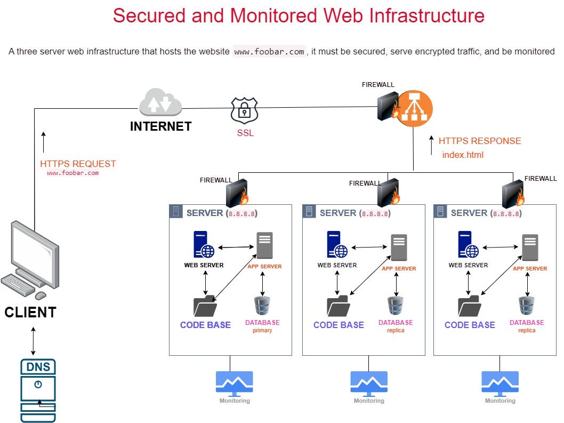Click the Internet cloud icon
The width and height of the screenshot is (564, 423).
(160, 103)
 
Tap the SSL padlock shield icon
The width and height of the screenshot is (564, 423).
(244, 110)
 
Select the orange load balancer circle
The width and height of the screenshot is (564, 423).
(414, 109)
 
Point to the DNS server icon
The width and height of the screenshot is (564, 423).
(38, 389)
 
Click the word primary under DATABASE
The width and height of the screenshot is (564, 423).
(262, 331)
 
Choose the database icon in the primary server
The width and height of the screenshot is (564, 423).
(262, 305)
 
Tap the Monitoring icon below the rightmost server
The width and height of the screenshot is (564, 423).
(499, 383)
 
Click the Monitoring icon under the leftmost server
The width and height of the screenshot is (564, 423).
(235, 383)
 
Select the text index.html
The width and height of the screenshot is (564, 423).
(463, 155)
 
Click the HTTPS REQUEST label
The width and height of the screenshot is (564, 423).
(78, 164)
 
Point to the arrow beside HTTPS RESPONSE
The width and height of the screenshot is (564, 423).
(431, 145)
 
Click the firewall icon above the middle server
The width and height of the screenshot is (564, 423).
(388, 192)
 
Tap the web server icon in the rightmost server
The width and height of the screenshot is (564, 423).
(468, 244)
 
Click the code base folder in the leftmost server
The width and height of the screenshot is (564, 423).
(205, 306)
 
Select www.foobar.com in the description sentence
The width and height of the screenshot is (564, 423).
(269, 52)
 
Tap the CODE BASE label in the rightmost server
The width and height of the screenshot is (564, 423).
(470, 325)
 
